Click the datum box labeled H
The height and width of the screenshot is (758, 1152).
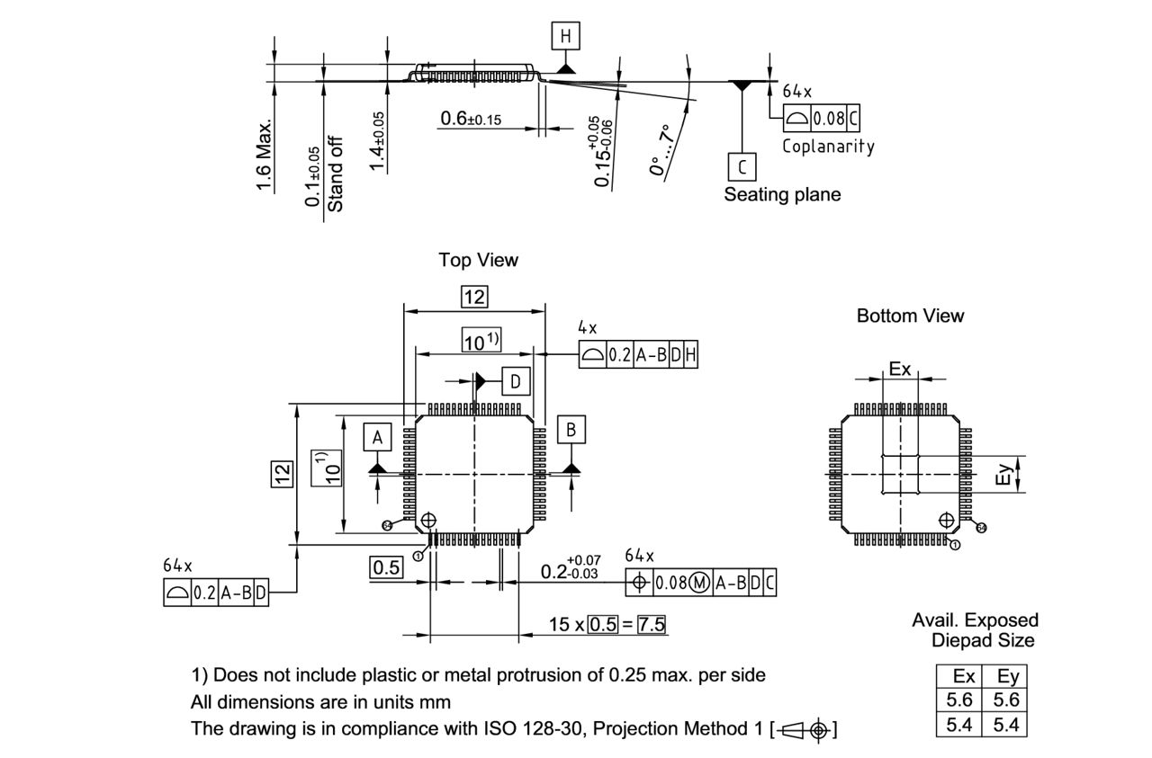click(565, 36)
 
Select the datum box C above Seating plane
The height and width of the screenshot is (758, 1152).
click(742, 167)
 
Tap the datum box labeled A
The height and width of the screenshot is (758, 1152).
click(378, 437)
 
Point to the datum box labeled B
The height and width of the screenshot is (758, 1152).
click(571, 430)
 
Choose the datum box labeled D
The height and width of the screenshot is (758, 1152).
click(516, 381)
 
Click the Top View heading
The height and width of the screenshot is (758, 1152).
click(478, 260)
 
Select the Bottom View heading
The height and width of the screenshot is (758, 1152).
click(910, 316)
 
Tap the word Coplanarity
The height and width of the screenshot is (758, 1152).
click(828, 147)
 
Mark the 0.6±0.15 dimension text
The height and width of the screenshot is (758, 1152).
click(471, 119)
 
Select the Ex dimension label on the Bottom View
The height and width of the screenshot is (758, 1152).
click(900, 369)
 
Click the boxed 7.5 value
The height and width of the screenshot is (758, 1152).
click(652, 624)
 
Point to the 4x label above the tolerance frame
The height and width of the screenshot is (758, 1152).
click(587, 330)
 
